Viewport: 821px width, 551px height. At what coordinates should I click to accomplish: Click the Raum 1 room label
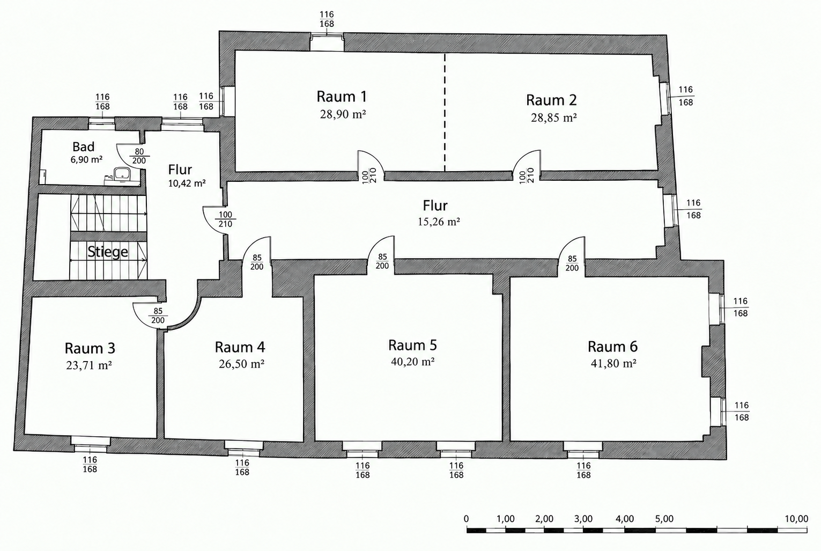tap(342, 97)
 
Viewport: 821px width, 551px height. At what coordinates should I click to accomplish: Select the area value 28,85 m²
tap(554, 117)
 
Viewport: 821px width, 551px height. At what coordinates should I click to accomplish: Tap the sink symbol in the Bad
tap(122, 174)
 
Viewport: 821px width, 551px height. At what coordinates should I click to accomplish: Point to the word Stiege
tap(108, 252)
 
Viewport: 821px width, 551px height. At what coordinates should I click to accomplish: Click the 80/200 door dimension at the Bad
tap(139, 156)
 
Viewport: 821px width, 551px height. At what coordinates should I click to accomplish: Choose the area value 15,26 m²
tap(439, 222)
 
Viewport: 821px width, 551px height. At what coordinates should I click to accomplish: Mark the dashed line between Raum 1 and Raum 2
tap(445, 113)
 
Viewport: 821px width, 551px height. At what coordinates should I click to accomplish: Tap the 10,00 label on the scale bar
tap(796, 519)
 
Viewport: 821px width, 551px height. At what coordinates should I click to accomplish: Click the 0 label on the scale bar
tap(466, 519)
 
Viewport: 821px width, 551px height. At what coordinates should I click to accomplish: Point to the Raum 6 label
tap(612, 347)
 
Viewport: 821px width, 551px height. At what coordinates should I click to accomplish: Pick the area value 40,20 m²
tap(413, 362)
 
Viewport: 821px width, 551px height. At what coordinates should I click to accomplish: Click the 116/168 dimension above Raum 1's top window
tap(327, 19)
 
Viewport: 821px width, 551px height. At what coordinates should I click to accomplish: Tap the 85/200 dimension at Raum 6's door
tap(572, 263)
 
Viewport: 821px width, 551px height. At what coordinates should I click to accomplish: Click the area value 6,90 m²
tap(86, 160)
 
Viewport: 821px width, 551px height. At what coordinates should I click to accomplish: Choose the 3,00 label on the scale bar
tap(583, 519)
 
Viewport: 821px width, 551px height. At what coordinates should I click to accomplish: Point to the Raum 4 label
tap(240, 347)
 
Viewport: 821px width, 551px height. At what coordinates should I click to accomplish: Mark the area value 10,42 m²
tap(187, 183)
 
